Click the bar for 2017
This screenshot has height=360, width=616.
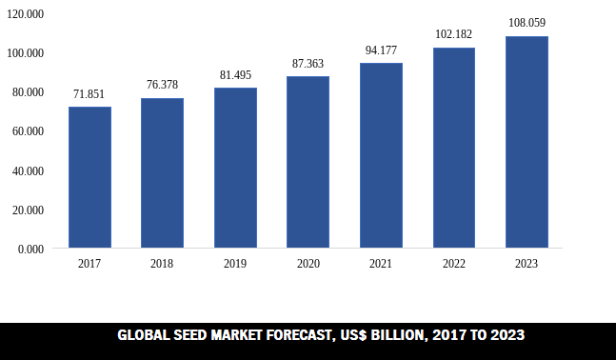pyautogui.click(x=89, y=177)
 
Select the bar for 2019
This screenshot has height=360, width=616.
pyautogui.click(x=235, y=168)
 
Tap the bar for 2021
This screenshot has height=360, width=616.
pyautogui.click(x=381, y=155)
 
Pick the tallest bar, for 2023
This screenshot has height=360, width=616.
pyautogui.click(x=527, y=142)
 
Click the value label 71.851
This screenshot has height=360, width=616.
pyautogui.click(x=89, y=94)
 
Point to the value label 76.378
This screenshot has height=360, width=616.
pyautogui.click(x=162, y=85)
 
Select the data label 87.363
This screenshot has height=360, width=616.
pyautogui.click(x=308, y=64)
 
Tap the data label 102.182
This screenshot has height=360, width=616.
pyautogui.click(x=453, y=34)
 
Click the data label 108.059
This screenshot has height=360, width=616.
pyautogui.click(x=527, y=22)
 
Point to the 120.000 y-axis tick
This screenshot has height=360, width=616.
pyautogui.click(x=27, y=14)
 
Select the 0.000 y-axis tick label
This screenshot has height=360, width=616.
pyautogui.click(x=31, y=249)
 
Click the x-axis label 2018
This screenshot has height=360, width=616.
pyautogui.click(x=162, y=264)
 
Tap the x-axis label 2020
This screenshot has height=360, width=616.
pyautogui.click(x=308, y=264)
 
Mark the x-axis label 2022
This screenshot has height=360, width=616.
pyautogui.click(x=453, y=264)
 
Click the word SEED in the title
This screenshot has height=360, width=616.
pyautogui.click(x=191, y=335)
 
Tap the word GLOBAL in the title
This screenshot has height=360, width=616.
pyautogui.click(x=141, y=335)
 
